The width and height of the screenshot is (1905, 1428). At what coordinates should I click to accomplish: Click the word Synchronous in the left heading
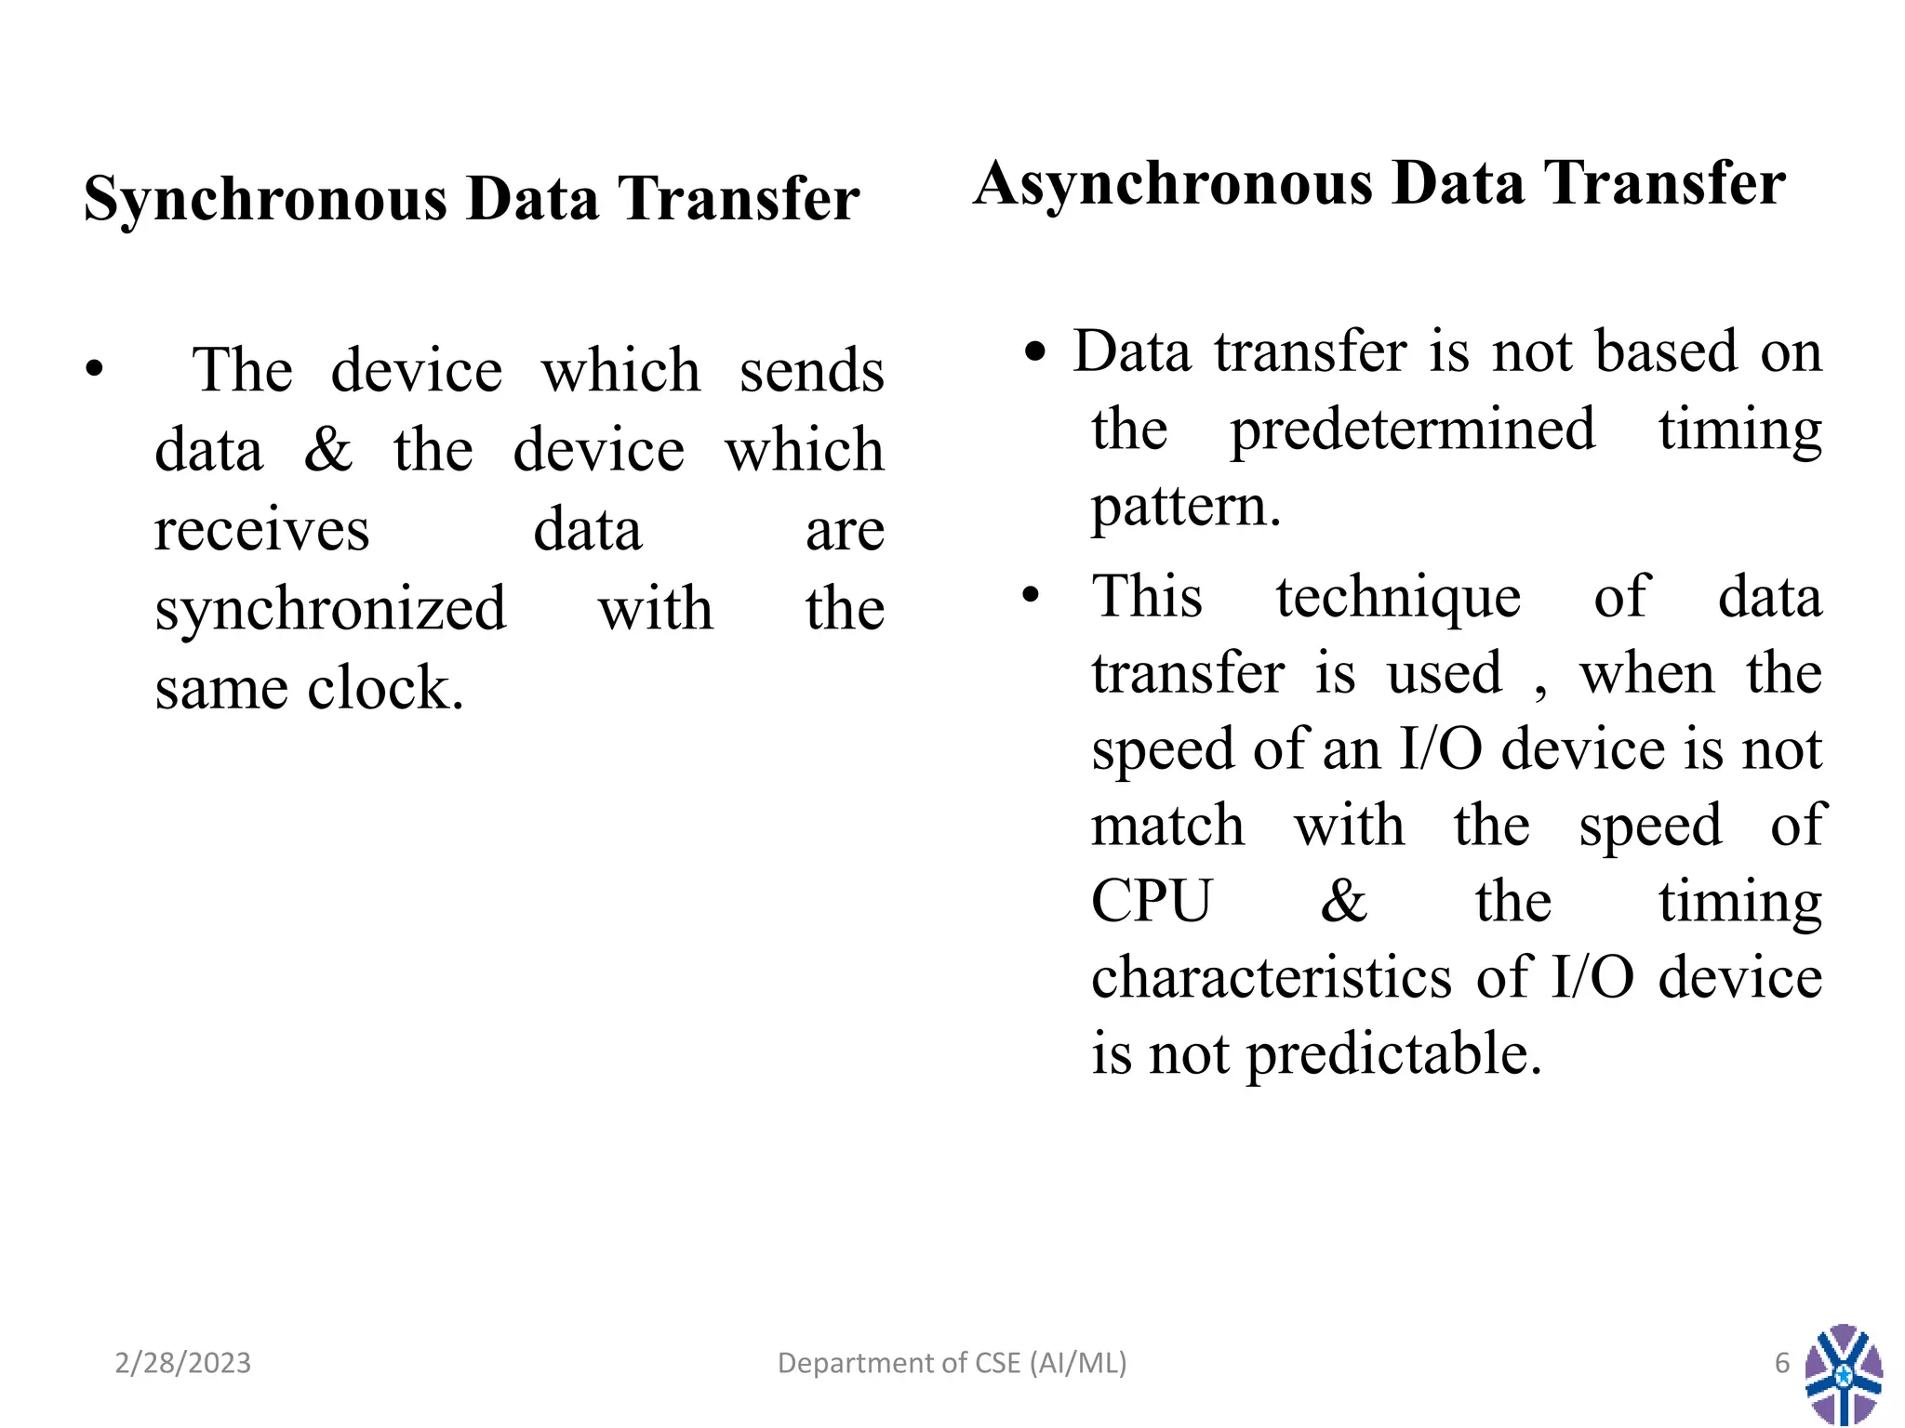(265, 200)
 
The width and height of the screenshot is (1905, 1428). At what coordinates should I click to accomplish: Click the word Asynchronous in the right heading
(1173, 184)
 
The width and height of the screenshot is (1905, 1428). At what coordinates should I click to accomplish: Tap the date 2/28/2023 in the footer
(183, 1363)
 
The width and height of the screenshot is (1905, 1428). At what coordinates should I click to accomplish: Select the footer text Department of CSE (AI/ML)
(952, 1363)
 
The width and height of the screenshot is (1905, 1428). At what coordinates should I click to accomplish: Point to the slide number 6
(1781, 1363)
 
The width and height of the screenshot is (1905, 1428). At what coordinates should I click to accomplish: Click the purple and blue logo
(1843, 1374)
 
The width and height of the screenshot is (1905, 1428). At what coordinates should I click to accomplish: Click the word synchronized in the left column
(330, 610)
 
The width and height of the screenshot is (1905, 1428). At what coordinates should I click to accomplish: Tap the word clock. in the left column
(385, 689)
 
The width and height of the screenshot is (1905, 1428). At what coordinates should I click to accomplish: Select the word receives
(261, 531)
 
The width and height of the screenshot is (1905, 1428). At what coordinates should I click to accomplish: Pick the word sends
(811, 371)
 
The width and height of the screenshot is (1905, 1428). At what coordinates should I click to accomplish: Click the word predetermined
(1412, 430)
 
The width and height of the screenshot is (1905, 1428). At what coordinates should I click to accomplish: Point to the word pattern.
(1185, 508)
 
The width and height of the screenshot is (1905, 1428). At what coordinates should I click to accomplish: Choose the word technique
(1397, 597)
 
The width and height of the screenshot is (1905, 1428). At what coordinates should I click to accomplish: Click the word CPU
(1151, 902)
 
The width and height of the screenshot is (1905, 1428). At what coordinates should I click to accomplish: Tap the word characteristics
(1271, 979)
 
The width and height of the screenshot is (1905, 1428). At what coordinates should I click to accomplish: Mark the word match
(1167, 826)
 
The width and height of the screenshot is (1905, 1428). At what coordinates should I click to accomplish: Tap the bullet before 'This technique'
(1031, 595)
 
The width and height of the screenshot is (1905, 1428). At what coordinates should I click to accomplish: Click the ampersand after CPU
(1343, 902)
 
